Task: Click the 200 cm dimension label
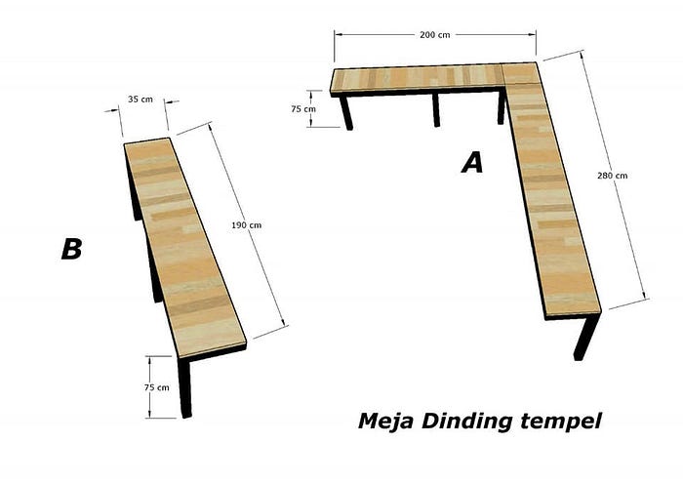tap(435, 35)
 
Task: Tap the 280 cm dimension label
tap(612, 176)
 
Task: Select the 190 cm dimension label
tap(246, 225)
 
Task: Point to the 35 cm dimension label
tap(141, 100)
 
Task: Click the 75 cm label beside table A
tap(303, 109)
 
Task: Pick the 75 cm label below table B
tap(157, 387)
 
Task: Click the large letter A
tap(472, 162)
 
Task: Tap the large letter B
tap(72, 249)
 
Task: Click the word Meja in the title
tap(385, 422)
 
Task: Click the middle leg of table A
tap(436, 109)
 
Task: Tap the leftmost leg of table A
tap(346, 112)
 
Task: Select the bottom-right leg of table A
tap(585, 337)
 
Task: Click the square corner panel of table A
tap(521, 73)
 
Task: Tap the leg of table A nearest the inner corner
tap(501, 107)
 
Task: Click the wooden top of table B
tap(184, 247)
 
